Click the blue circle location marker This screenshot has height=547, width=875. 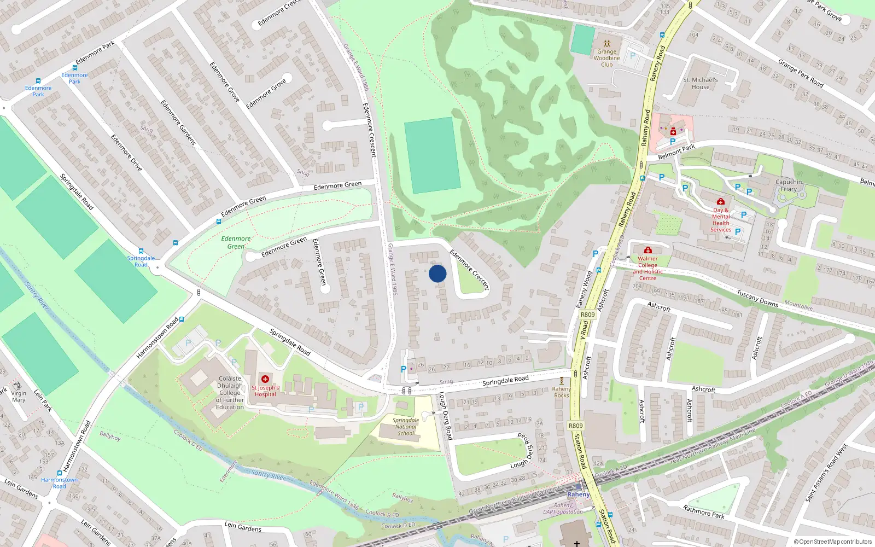coord(437,273)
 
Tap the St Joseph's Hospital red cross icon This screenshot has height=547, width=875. coord(265,379)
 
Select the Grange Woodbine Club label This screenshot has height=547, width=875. coord(606,58)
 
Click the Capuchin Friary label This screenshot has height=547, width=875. coord(789,185)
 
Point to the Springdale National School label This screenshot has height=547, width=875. coord(406,427)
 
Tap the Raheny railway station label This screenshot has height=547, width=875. coord(578,494)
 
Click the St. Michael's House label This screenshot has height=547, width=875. coord(701,83)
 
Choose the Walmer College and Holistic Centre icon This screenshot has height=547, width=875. coord(648,250)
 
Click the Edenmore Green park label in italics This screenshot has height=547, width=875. coord(236,242)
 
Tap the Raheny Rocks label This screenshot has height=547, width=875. coord(561,392)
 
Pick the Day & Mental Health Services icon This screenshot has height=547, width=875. coord(721,201)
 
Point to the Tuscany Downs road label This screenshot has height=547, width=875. coord(757,298)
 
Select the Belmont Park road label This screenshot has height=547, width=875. coord(676,152)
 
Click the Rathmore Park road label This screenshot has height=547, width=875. coord(704,511)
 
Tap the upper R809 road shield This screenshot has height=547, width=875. coord(588,315)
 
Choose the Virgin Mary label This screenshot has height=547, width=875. coord(19,397)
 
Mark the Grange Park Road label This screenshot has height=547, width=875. coord(801,73)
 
